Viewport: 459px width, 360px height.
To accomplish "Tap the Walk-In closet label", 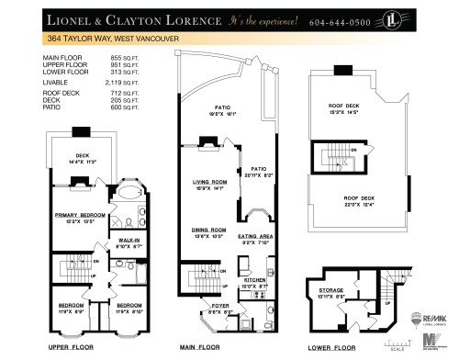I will tap(128, 242).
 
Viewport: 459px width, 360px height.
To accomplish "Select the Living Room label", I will tap(210, 182).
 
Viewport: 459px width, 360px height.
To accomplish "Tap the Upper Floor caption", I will tap(72, 349).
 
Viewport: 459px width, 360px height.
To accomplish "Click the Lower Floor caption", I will tap(332, 349).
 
